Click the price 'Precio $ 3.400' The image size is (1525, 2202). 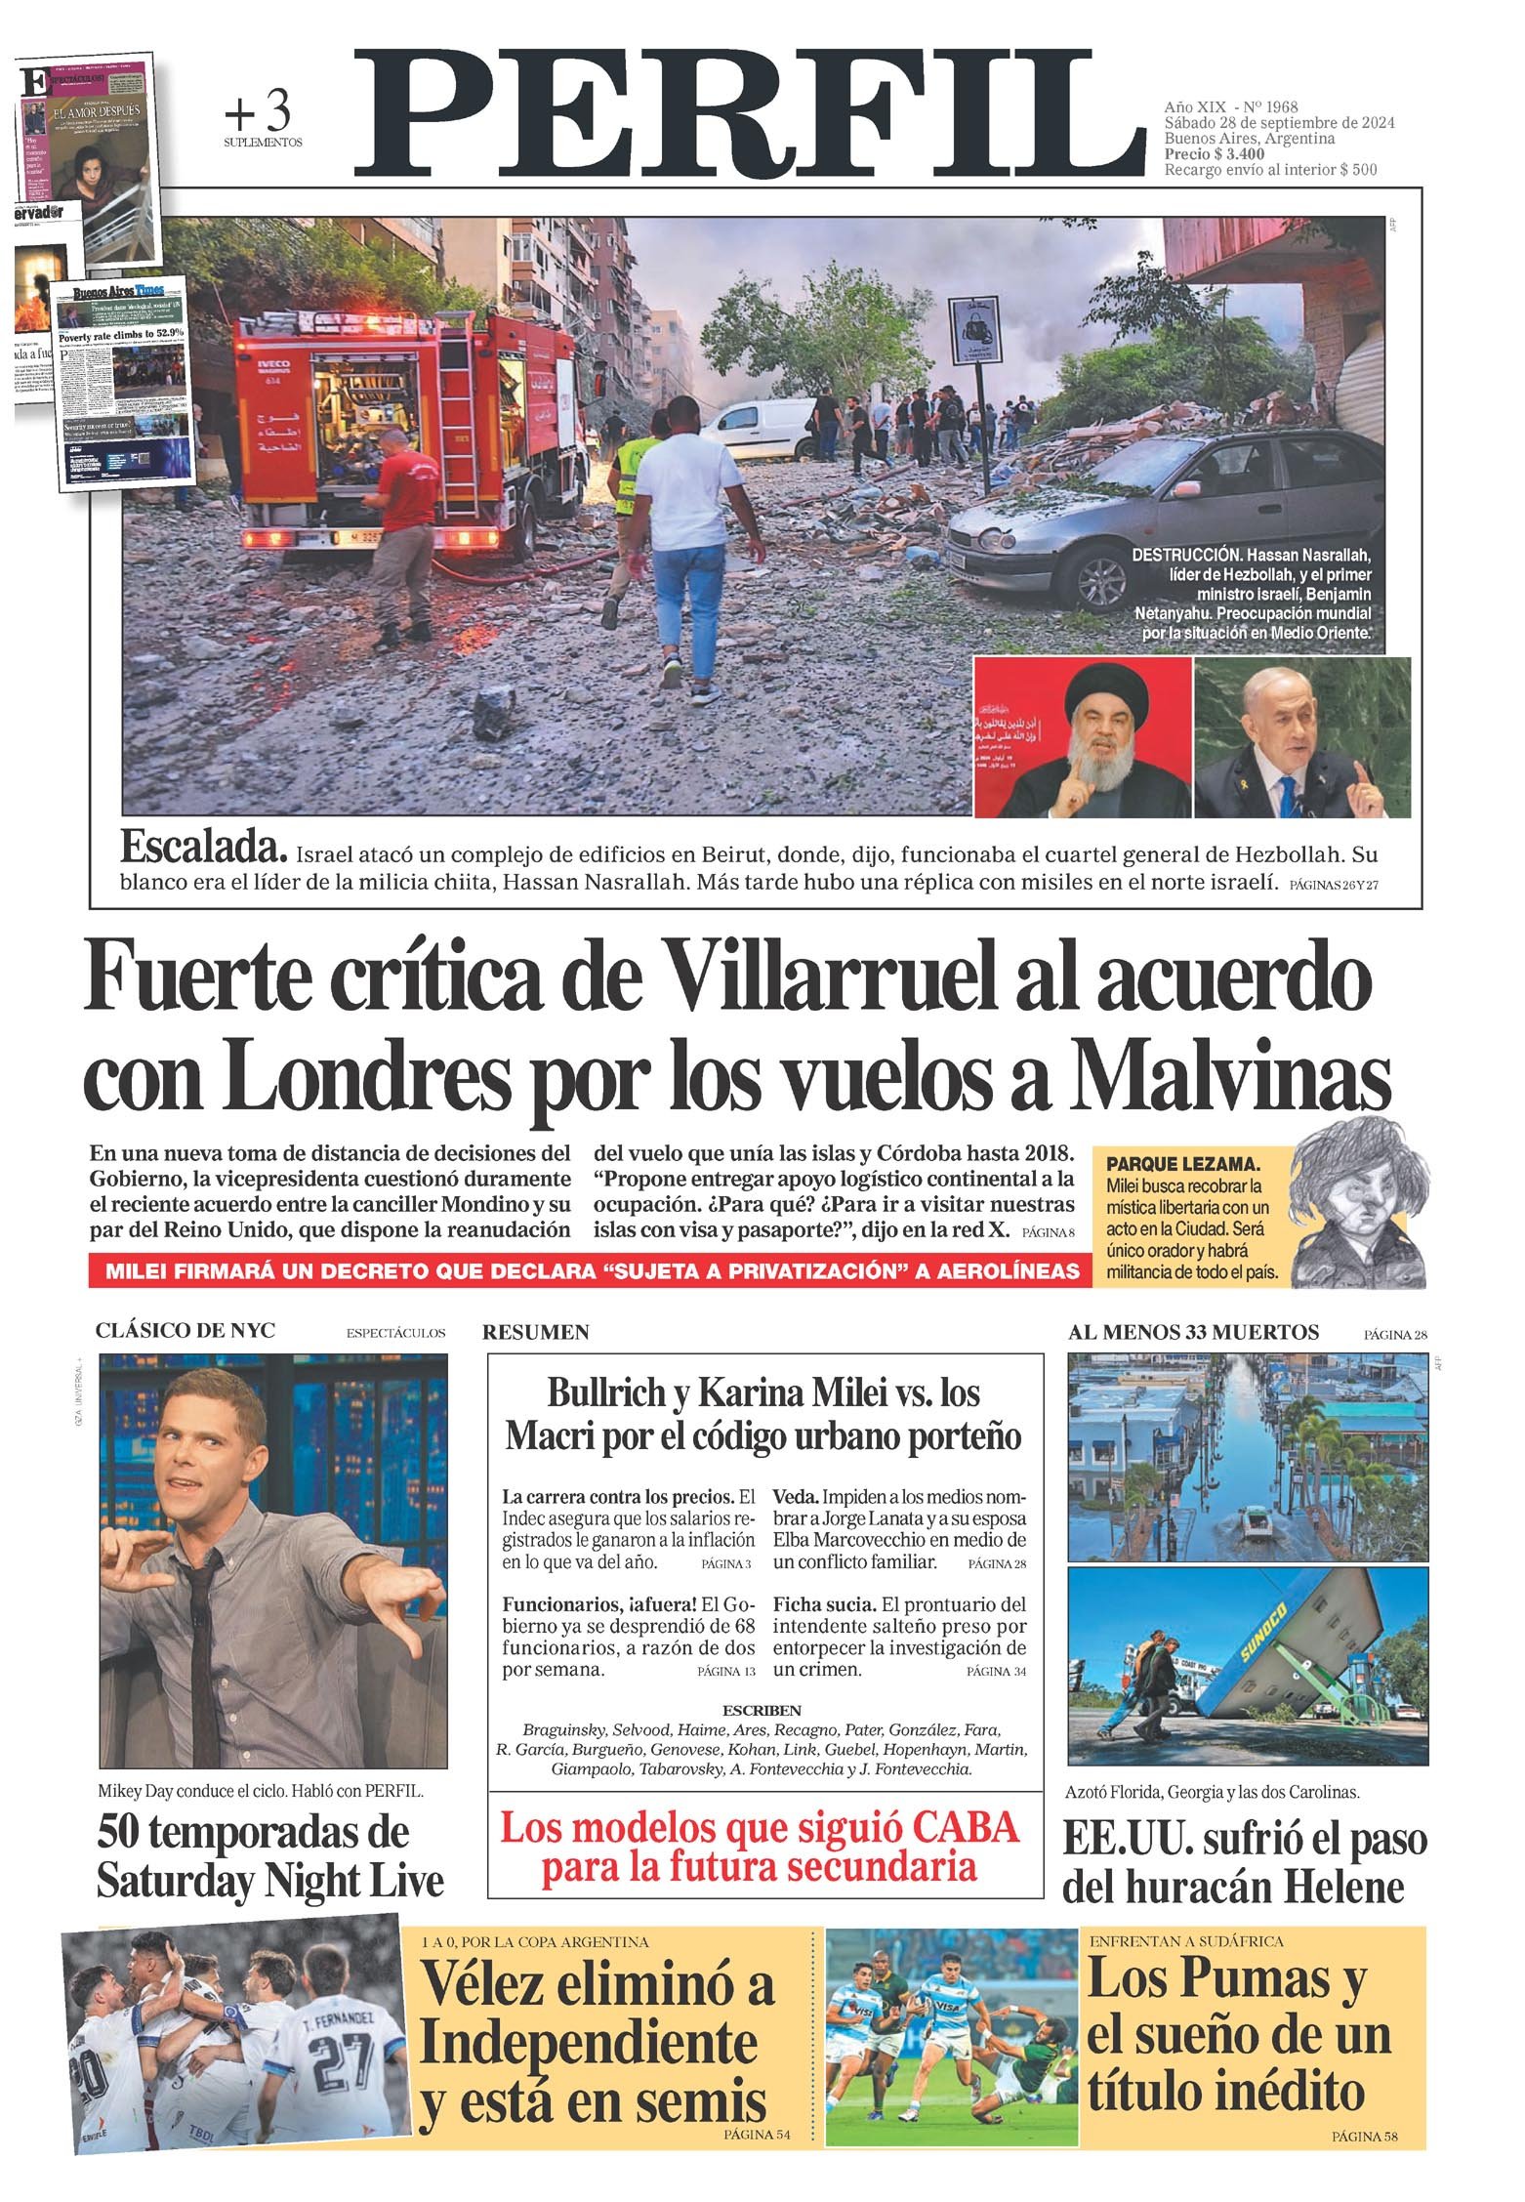coord(1215,153)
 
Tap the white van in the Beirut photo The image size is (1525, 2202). coord(757,430)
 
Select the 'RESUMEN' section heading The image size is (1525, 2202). coord(536,1332)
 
